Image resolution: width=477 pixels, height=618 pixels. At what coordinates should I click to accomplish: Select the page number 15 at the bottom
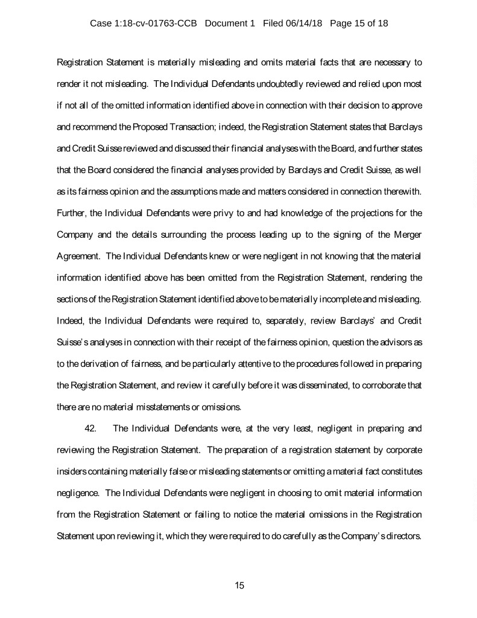coord(239,585)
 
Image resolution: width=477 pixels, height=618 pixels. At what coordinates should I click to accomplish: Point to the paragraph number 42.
coord(92,429)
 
